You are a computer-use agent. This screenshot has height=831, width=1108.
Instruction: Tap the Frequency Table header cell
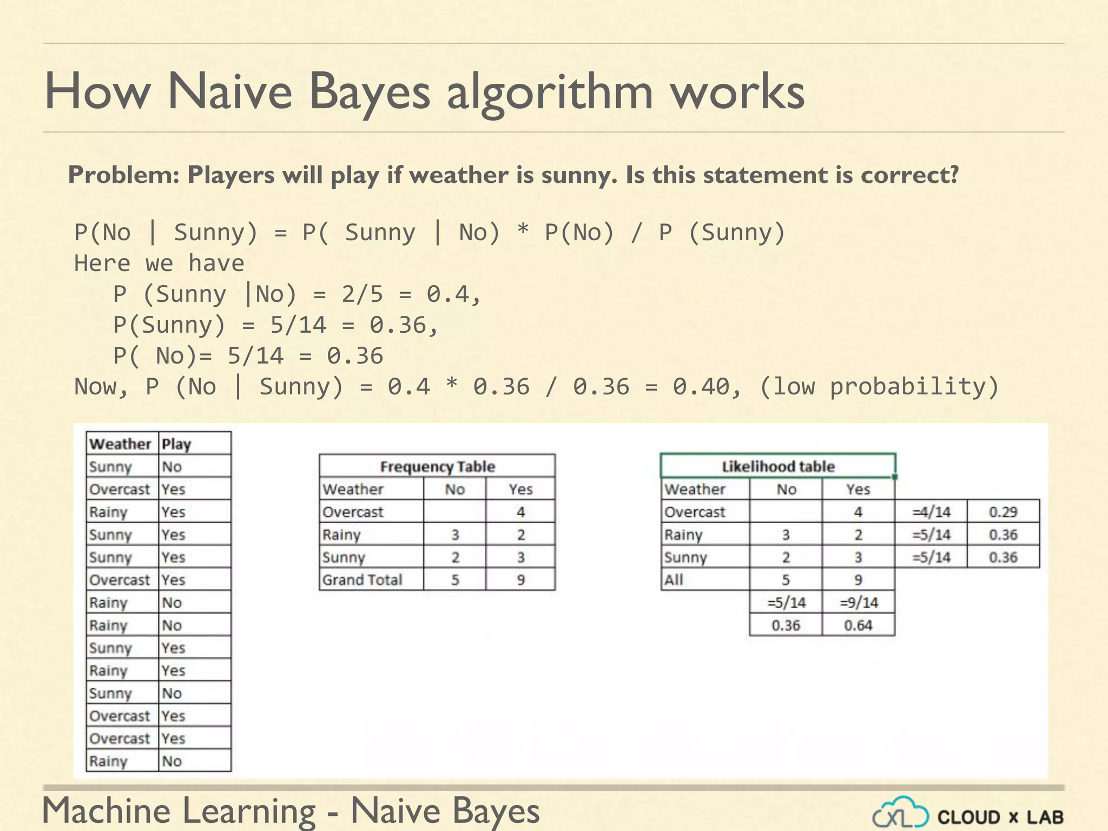point(437,466)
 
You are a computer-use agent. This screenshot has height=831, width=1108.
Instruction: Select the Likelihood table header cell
point(778,466)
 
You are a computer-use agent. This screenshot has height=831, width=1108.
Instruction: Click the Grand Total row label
point(362,580)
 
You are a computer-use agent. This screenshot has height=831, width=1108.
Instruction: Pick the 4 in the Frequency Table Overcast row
point(520,512)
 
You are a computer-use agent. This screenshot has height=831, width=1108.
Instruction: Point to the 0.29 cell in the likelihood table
point(1003,512)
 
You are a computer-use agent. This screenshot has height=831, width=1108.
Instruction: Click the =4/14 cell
point(931,512)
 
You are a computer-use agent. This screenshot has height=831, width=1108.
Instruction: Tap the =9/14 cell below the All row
point(859,603)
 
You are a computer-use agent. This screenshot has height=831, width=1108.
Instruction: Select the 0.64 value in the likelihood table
point(859,625)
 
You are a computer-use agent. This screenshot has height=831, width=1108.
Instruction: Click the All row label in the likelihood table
point(674,580)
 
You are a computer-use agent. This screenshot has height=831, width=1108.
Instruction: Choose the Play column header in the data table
point(176,444)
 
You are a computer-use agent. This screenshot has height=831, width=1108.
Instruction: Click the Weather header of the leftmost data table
point(120,444)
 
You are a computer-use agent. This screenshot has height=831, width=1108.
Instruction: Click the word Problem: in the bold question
point(123,175)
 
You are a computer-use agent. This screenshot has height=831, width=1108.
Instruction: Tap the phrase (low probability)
point(879,387)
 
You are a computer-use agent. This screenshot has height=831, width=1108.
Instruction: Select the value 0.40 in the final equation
point(701,387)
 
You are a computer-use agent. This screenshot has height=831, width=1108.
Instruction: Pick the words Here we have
point(159,264)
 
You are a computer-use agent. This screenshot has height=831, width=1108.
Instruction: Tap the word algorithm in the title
point(550,92)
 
